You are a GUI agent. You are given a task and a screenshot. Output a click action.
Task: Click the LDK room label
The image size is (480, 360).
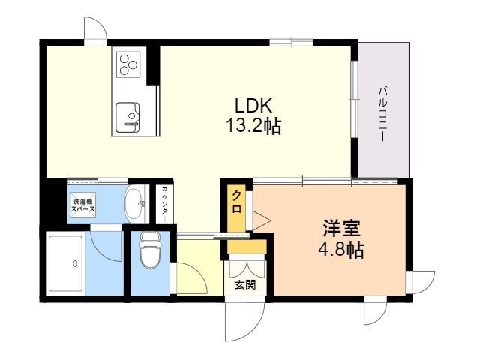point(253,106)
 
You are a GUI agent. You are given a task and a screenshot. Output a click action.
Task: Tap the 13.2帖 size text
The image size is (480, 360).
point(253,126)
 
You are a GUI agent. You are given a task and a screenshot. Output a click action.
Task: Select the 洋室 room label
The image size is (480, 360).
point(342,229)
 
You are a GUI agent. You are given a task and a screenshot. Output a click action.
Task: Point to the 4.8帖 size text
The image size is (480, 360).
point(341,250)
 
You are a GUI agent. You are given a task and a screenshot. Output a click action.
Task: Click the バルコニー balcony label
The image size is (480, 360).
point(382,114)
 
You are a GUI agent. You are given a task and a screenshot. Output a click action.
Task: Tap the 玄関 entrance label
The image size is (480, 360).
point(245,285)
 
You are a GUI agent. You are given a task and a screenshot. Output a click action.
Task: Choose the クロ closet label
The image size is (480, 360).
point(237,202)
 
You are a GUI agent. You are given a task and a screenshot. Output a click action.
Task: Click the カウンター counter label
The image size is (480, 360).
point(164,203)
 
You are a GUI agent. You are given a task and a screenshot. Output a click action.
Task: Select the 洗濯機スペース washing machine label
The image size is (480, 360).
point(83,205)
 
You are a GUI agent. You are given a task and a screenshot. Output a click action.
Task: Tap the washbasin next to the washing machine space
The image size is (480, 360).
point(135,205)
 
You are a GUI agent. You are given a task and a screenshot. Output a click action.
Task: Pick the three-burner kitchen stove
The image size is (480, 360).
point(128,64)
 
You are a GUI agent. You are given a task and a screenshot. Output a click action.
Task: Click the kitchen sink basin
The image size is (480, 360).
point(127,118)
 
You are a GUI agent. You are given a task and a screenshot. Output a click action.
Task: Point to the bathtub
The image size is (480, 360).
point(67,263)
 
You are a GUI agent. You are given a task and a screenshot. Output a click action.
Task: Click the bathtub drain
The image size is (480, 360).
point(75,263)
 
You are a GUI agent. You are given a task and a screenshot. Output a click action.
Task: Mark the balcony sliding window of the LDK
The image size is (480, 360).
point(354,100)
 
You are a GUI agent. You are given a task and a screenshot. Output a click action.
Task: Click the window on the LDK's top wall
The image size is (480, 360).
point(291,42)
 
